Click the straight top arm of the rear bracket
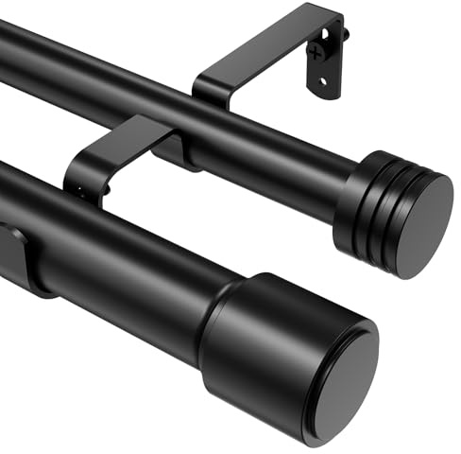coord(274,47)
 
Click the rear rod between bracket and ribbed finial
coord(274,161)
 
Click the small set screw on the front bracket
coord(79,196)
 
